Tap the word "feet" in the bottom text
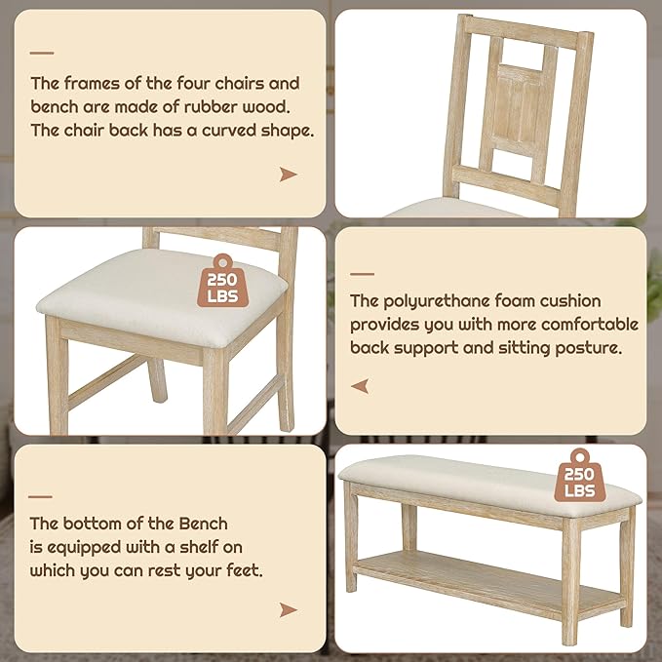[246, 570]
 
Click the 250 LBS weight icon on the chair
[222, 284]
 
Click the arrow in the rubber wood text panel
[288, 175]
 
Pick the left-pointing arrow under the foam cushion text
[361, 386]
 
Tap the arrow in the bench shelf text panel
[288, 610]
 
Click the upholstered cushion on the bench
[468, 478]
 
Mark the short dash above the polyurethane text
[362, 274]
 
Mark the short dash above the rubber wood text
[42, 54]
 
